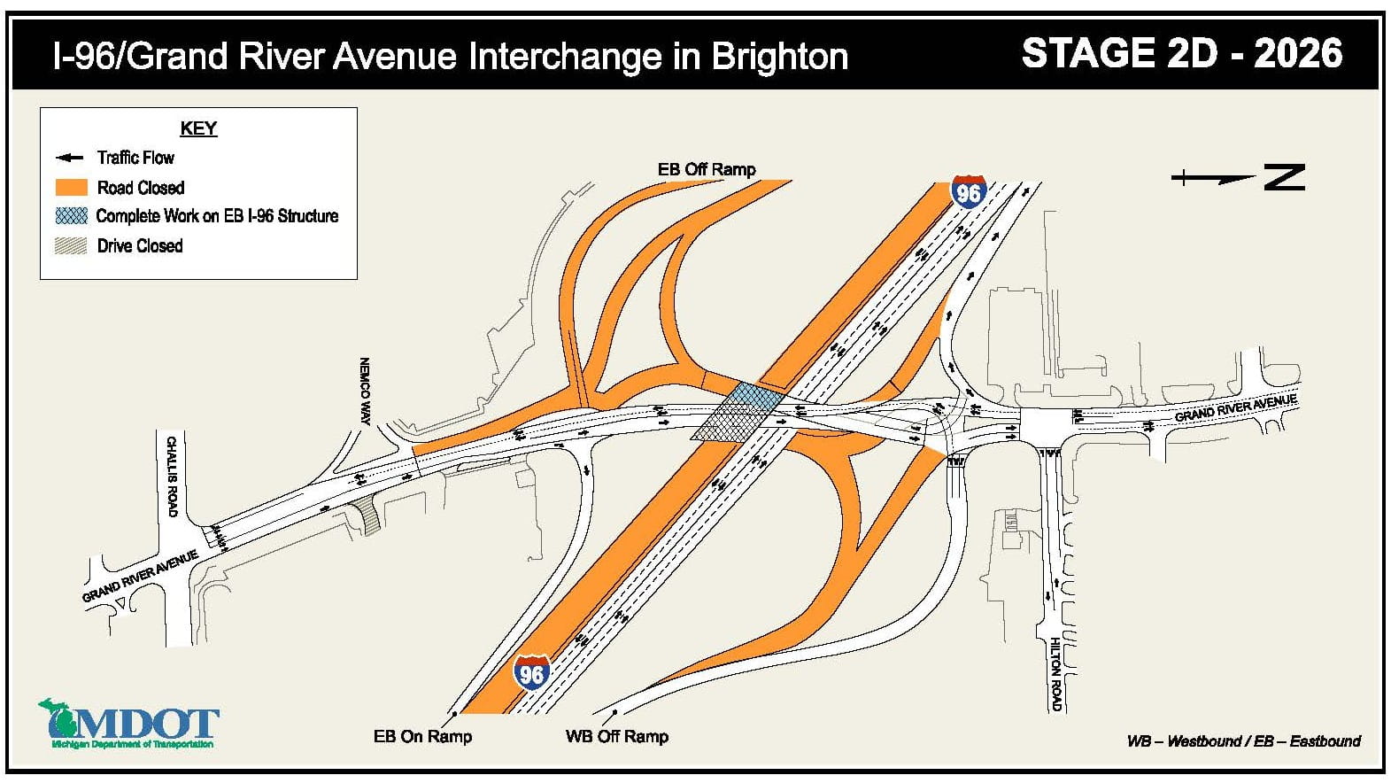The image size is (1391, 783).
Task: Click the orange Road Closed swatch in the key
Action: point(71,188)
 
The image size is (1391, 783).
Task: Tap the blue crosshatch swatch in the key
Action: point(71,216)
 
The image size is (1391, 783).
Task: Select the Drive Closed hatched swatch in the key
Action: point(71,246)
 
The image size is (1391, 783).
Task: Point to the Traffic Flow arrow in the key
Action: point(69,159)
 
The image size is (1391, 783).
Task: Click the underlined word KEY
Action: point(198,128)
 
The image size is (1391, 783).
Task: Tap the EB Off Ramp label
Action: point(706,169)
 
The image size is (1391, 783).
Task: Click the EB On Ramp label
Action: point(422,736)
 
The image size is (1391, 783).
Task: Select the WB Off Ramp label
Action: point(616,736)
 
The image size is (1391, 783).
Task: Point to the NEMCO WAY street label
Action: point(364,391)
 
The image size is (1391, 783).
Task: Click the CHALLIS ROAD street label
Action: point(172,477)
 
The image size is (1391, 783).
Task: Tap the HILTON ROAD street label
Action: point(1055,673)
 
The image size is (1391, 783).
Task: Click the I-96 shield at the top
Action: point(969,192)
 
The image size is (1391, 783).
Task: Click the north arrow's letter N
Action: point(1284,177)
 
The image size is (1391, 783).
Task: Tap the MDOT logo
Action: point(128,724)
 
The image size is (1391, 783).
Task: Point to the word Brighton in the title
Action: point(779,57)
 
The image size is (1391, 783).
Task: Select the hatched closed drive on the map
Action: point(365,516)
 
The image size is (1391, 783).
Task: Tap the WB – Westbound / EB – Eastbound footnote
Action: point(1242,741)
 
